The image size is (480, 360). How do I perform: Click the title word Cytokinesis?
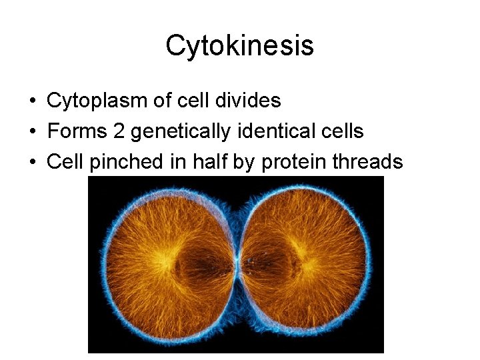(x=239, y=46)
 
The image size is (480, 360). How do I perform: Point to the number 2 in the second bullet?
(x=119, y=131)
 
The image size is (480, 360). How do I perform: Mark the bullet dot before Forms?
(x=33, y=132)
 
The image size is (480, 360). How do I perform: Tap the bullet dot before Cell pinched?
(x=33, y=163)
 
